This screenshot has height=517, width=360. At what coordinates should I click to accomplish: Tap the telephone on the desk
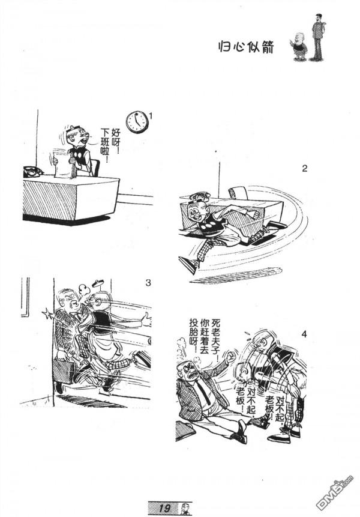(x=32, y=172)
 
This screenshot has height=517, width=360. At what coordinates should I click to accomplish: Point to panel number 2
(x=304, y=169)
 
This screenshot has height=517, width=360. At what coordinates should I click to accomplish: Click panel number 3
(x=148, y=282)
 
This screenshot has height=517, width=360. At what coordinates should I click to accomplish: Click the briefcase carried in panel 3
(x=63, y=370)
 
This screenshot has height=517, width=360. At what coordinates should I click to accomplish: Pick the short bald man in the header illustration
(x=299, y=49)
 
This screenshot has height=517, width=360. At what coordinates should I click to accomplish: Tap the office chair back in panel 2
(x=238, y=192)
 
